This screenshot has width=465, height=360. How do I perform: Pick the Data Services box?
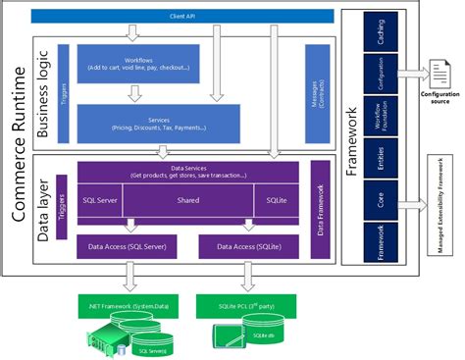click(186, 173)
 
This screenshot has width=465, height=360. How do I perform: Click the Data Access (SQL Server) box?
click(125, 247)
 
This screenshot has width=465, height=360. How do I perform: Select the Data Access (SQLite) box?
click(247, 247)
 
